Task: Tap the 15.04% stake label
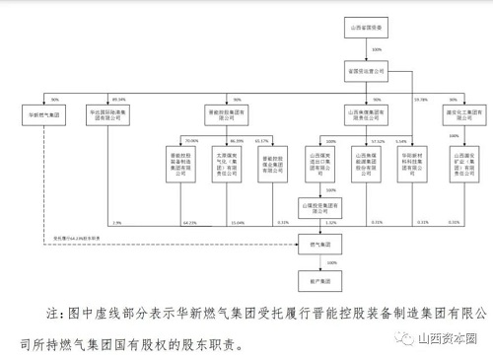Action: [x=237, y=223]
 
